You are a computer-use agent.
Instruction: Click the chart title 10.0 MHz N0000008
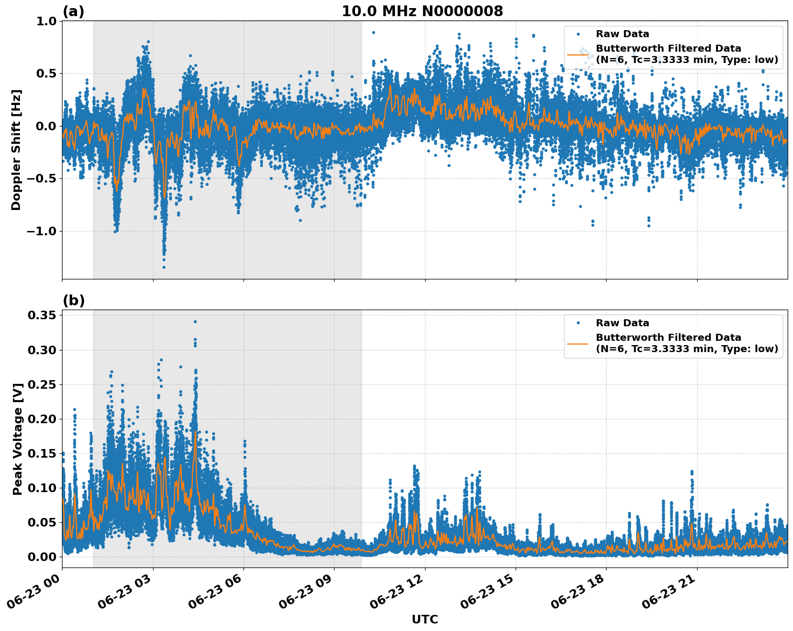[x=422, y=11]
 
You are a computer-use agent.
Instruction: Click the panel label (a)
[x=73, y=11]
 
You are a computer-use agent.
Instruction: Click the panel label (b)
[x=73, y=300]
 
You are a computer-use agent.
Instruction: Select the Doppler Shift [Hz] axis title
[x=16, y=150]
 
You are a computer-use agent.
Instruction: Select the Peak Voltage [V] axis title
[x=18, y=439]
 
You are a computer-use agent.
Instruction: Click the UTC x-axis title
[x=425, y=619]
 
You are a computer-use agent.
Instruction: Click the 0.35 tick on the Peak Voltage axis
[x=41, y=315]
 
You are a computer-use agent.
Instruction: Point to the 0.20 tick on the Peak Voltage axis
[x=41, y=419]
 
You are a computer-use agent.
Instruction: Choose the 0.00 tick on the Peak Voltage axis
[x=41, y=557]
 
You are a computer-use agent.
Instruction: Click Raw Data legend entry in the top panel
[x=622, y=34]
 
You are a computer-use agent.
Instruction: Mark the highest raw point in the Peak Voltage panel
[x=195, y=321]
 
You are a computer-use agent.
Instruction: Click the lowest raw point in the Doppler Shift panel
[x=164, y=267]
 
